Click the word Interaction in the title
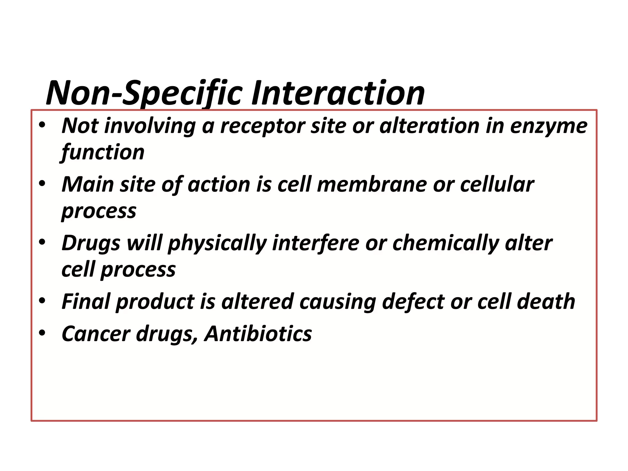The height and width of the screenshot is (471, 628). (338, 93)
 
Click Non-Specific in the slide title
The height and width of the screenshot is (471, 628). (144, 93)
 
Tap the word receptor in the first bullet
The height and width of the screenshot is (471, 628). (263, 127)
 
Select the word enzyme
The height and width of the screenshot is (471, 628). (549, 127)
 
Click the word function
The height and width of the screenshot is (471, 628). (102, 153)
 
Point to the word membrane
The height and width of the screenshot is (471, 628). (372, 185)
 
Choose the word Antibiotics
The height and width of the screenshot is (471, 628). (258, 334)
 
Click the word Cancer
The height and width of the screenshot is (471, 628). (96, 334)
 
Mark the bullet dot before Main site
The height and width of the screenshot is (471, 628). (42, 184)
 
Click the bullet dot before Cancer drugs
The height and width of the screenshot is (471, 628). (42, 332)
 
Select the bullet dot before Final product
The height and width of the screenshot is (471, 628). (42, 301)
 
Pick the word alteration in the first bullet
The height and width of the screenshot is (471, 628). (430, 126)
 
